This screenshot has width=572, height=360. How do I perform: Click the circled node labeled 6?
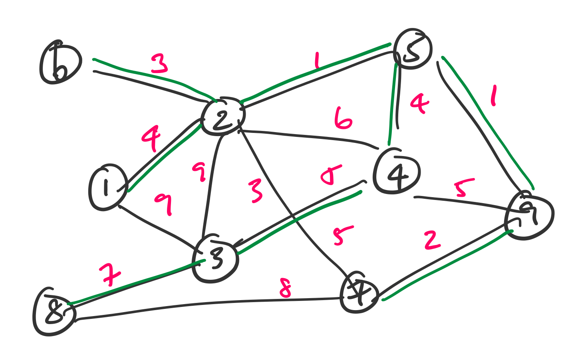[x=60, y=63]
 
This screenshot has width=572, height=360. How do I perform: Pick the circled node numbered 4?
[x=397, y=172]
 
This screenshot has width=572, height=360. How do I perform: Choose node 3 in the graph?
[x=215, y=259]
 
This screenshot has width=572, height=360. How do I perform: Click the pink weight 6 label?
[x=343, y=119]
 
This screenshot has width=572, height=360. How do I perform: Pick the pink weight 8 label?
[x=285, y=288]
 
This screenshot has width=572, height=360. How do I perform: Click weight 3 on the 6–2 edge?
[x=159, y=64]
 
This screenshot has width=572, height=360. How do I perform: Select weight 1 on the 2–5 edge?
[x=317, y=61]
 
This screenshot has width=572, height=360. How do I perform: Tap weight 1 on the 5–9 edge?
[x=494, y=97]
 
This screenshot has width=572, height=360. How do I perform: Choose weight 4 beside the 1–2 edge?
[x=151, y=138]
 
